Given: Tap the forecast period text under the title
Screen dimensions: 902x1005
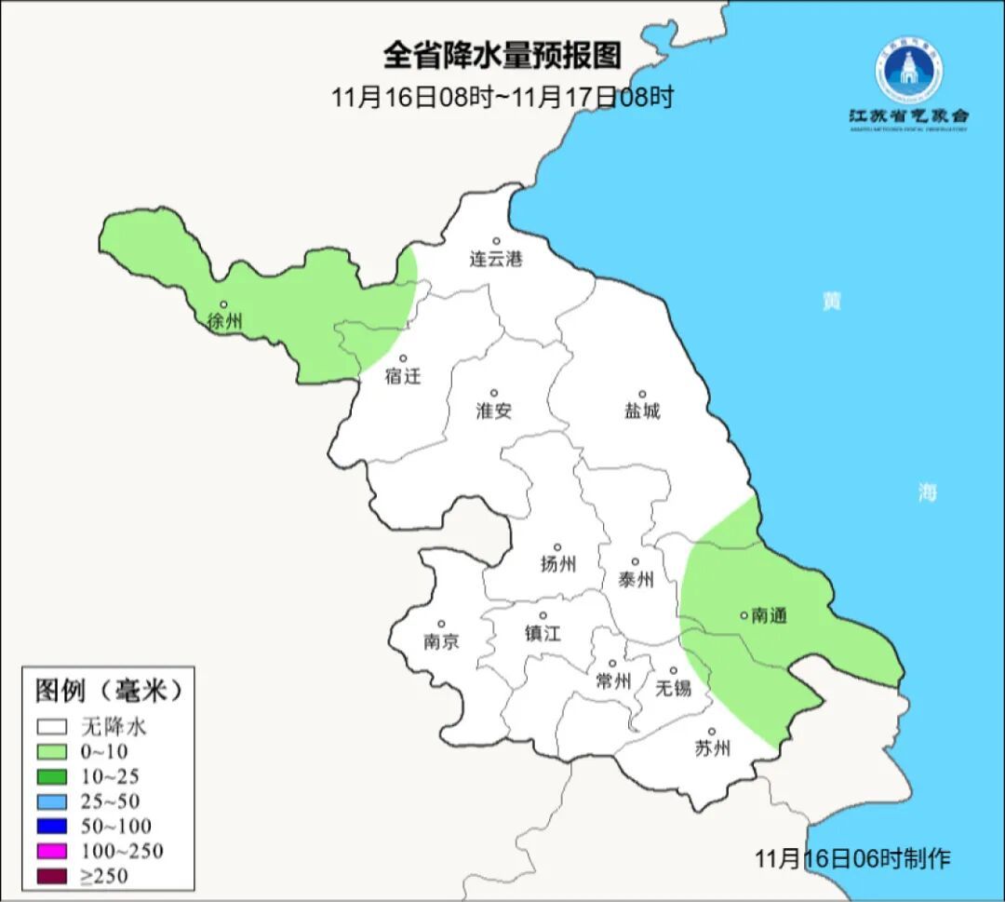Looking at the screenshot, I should click(502, 97).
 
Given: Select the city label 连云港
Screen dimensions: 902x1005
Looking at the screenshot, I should click(496, 259).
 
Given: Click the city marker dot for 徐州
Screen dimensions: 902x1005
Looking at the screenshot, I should click(223, 304).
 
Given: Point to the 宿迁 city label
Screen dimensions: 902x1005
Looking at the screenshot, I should click(403, 376).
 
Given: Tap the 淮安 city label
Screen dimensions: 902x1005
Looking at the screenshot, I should click(494, 411).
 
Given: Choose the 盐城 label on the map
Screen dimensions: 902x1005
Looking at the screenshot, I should click(641, 411).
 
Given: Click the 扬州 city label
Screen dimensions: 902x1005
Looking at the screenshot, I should click(557, 563).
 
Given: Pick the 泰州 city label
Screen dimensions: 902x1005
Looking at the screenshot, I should click(636, 579).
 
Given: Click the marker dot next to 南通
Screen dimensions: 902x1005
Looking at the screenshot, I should click(744, 614).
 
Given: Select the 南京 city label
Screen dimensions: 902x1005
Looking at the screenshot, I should click(441, 641).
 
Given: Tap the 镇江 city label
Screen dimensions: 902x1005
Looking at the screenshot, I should click(543, 633).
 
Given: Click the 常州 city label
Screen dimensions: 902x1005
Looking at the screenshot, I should click(613, 681).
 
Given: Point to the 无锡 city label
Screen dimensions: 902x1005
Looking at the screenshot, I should click(673, 687).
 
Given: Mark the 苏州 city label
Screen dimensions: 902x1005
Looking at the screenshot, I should click(713, 747).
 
